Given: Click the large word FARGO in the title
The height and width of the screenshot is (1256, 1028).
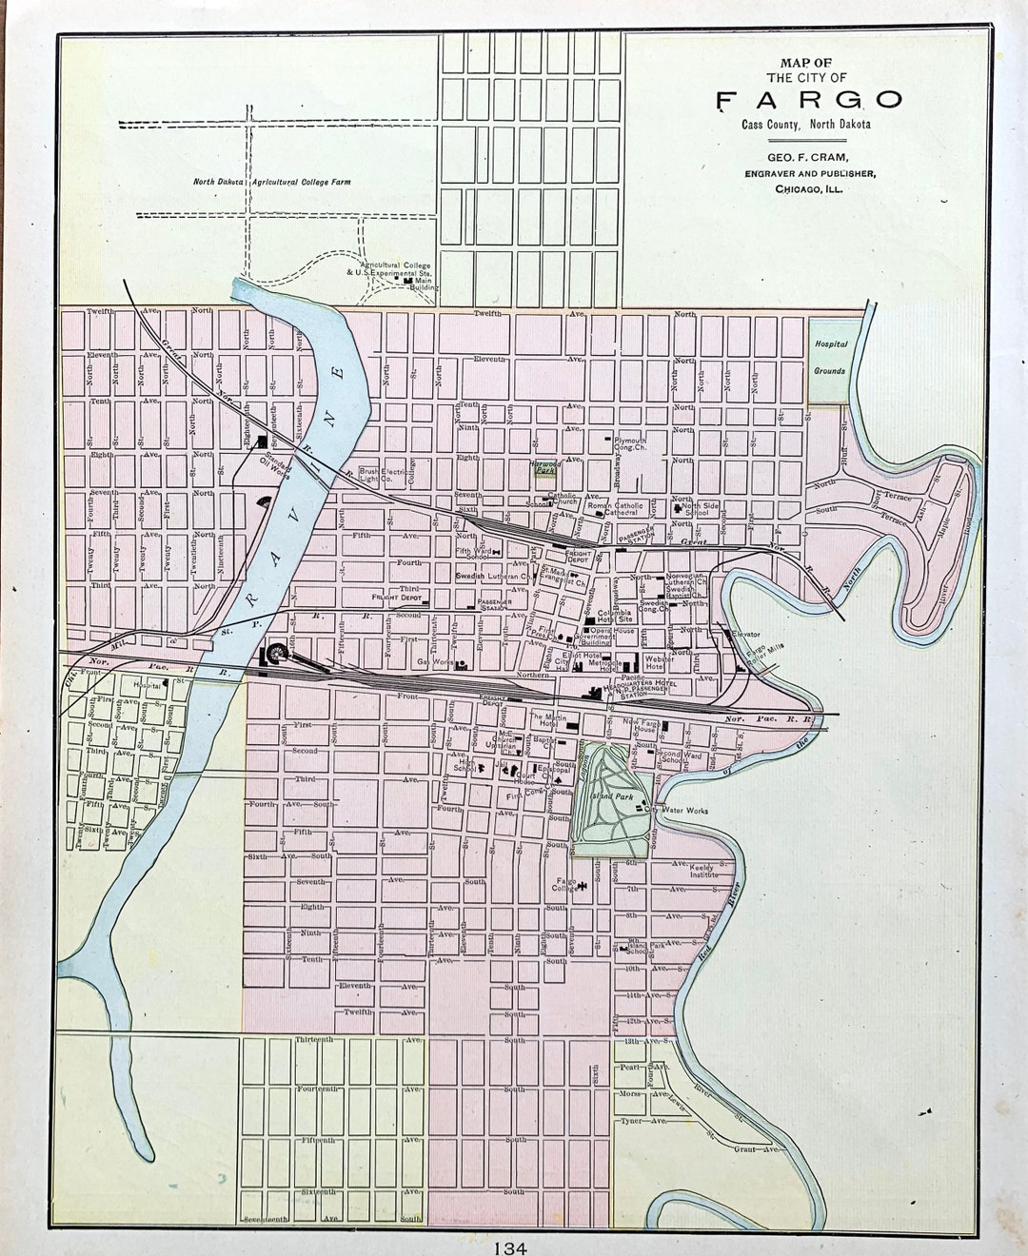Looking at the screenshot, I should (809, 100).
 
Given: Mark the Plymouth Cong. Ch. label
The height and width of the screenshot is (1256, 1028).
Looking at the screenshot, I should (630, 444).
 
